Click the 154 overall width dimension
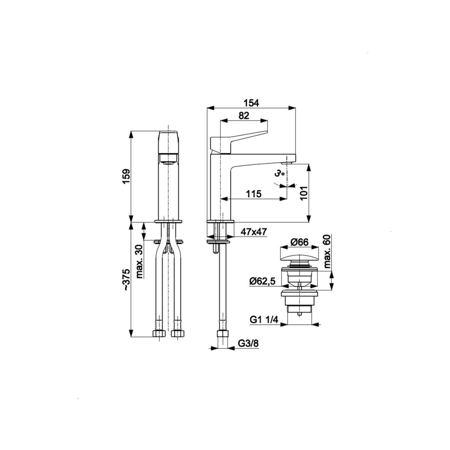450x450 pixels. coord(251,103)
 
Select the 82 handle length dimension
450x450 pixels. coord(243,116)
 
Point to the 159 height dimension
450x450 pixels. coord(126,177)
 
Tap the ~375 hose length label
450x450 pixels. coord(126,280)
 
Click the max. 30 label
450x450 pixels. coord(139,262)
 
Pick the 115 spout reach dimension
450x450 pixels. coord(254,194)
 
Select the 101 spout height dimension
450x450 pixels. coord(304,193)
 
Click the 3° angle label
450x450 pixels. coord(279,174)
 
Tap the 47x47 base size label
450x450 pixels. coord(254,232)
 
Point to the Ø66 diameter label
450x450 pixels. coord(299,242)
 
